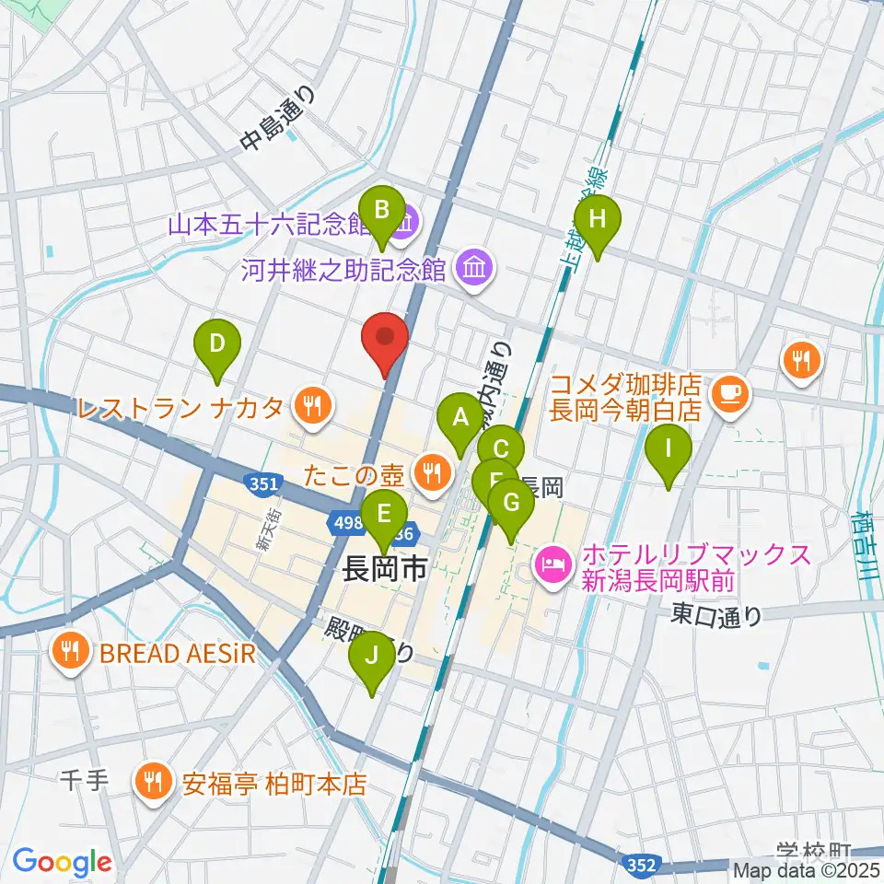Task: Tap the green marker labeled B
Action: coord(381,215)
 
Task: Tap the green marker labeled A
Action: coord(459,421)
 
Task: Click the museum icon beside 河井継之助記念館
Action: coord(476,268)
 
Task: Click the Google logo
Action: coord(62,862)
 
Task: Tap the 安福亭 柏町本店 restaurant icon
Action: coord(149,784)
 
